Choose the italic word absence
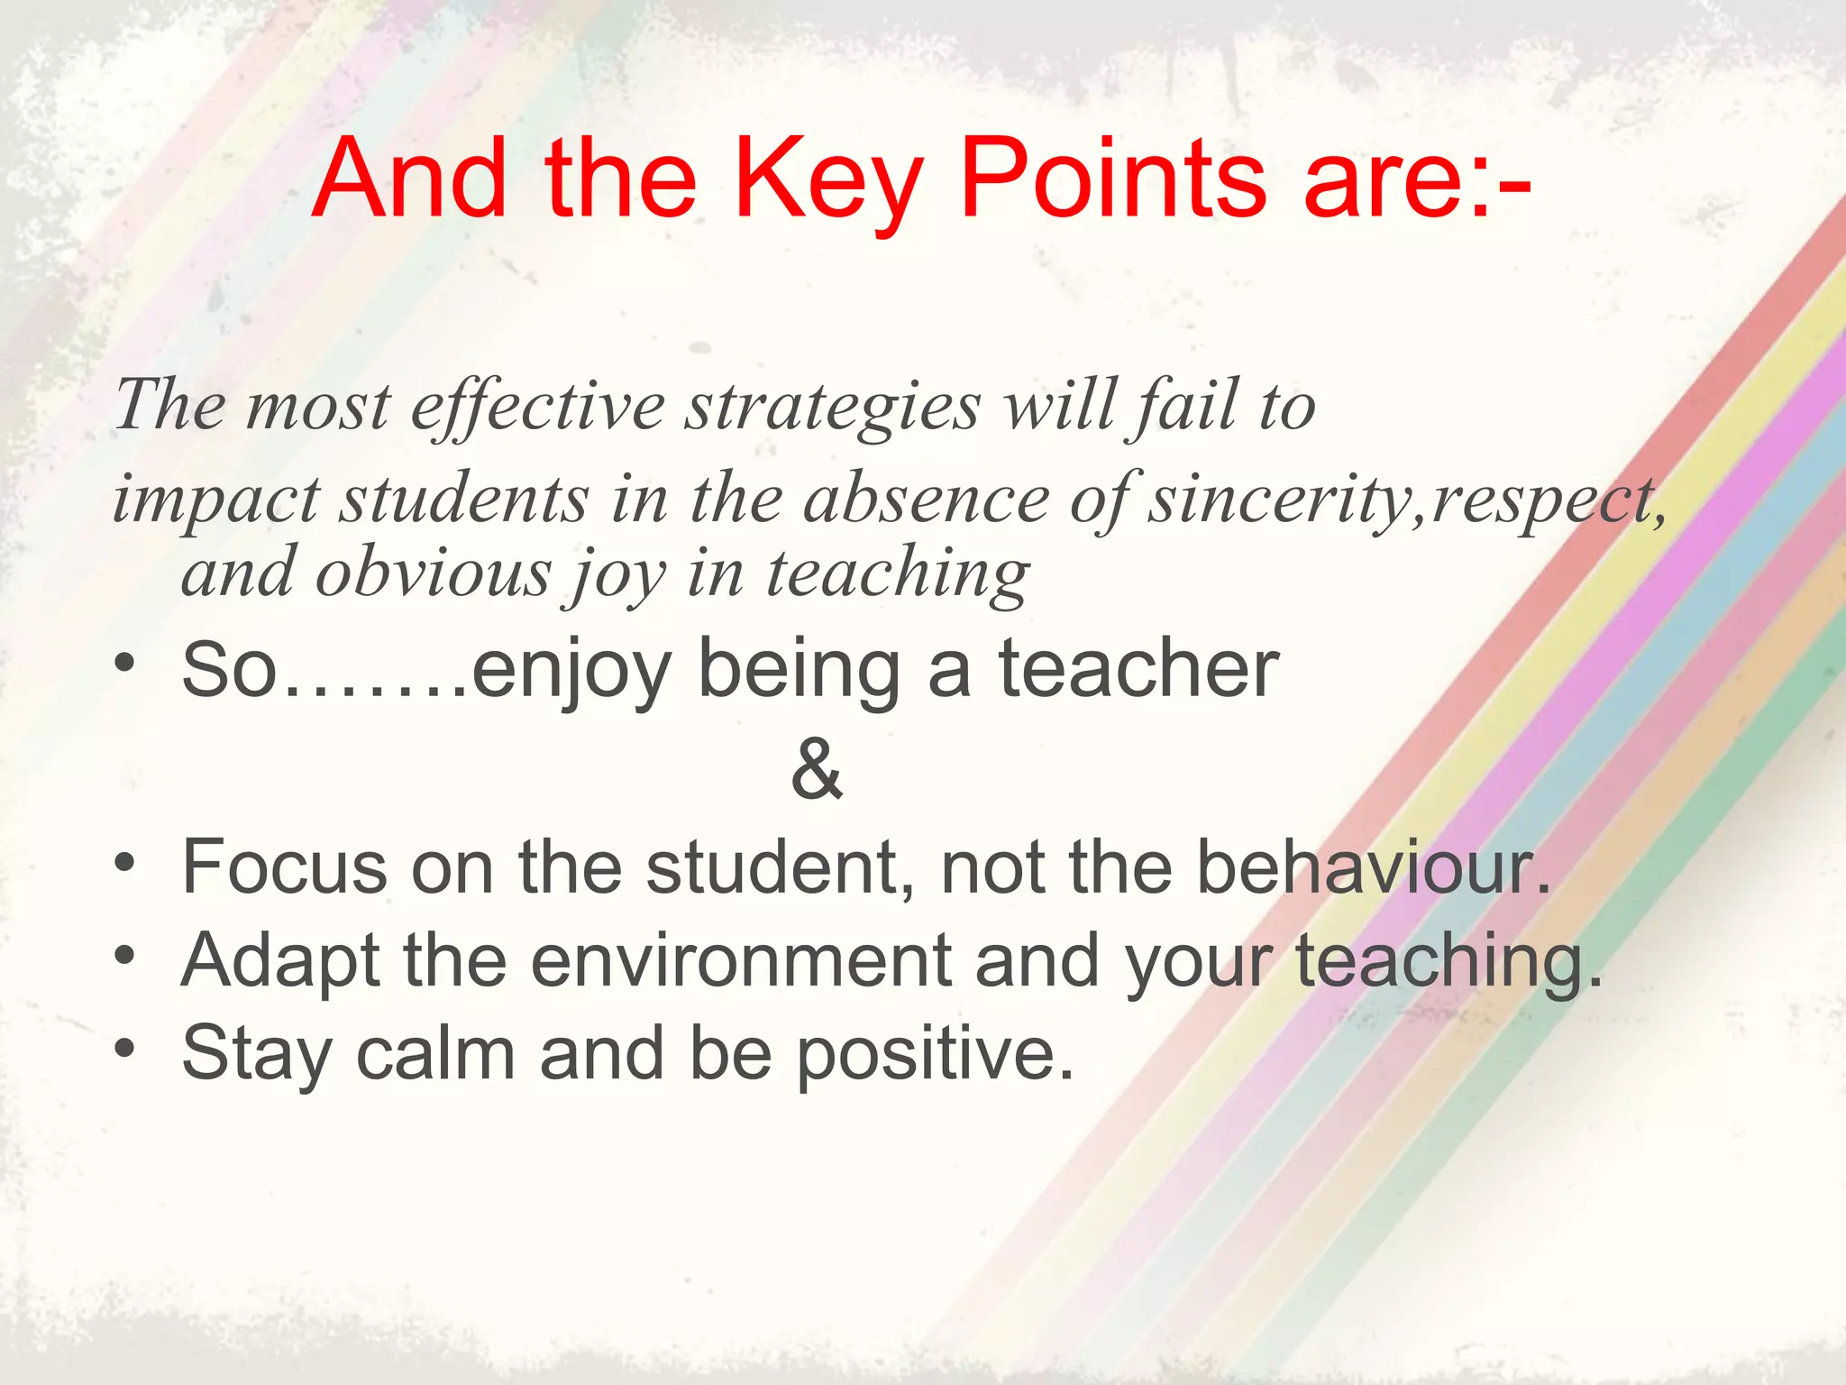pos(927,500)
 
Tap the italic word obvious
pos(432,573)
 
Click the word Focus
pos(285,867)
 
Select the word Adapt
pos(280,963)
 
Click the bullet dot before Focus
pos(125,862)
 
